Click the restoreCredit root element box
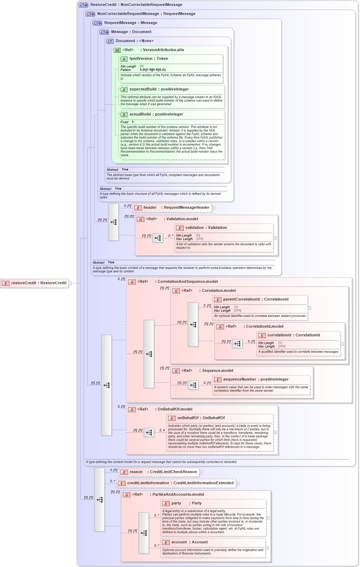tap(34, 283)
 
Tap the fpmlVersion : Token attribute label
tap(149, 59)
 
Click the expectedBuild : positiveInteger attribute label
tap(159, 89)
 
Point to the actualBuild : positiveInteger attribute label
tap(156, 114)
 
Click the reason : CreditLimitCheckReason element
tap(159, 472)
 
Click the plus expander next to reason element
tap(201, 472)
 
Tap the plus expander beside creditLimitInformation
tap(238, 484)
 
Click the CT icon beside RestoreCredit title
tap(83, 5)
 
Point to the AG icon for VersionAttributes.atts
tap(117, 50)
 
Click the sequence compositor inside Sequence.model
tap(193, 385)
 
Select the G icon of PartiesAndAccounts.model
tap(127, 495)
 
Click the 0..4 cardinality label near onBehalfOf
tap(162, 430)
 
